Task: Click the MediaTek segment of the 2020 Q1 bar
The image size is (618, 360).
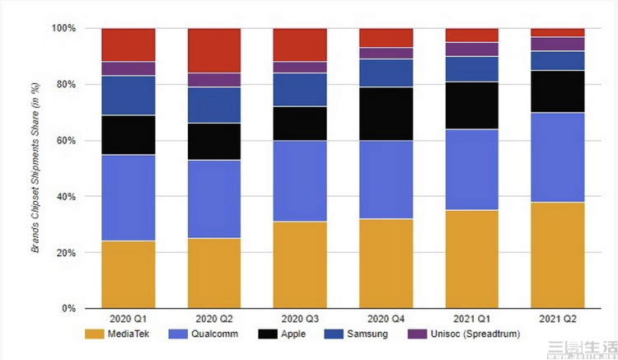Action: click(129, 274)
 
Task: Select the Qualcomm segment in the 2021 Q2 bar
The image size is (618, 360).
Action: click(558, 157)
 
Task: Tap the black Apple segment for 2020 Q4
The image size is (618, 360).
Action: click(386, 114)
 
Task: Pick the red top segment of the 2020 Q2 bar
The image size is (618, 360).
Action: click(214, 50)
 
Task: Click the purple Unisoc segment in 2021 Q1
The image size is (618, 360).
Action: click(472, 49)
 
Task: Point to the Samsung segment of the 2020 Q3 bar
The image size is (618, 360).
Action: click(300, 90)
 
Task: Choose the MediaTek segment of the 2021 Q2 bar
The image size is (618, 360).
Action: click(558, 255)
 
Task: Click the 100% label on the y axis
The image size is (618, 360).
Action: click(64, 29)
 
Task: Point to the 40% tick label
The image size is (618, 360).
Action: click(67, 197)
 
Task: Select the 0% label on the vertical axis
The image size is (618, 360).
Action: click(69, 309)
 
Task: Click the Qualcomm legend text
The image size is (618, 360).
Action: click(215, 334)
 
